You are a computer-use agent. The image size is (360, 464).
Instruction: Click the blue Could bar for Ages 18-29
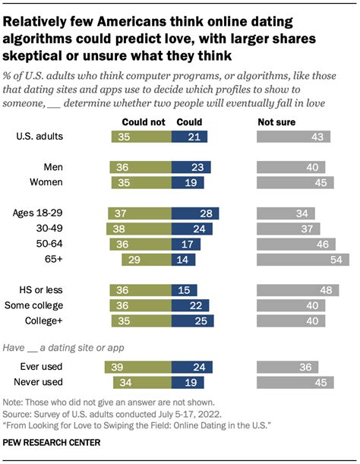tap(195, 213)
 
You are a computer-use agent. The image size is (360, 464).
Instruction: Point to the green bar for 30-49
tap(140, 229)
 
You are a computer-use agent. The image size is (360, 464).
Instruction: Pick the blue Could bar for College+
tap(191, 320)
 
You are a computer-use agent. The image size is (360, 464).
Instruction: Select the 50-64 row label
tap(65, 244)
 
